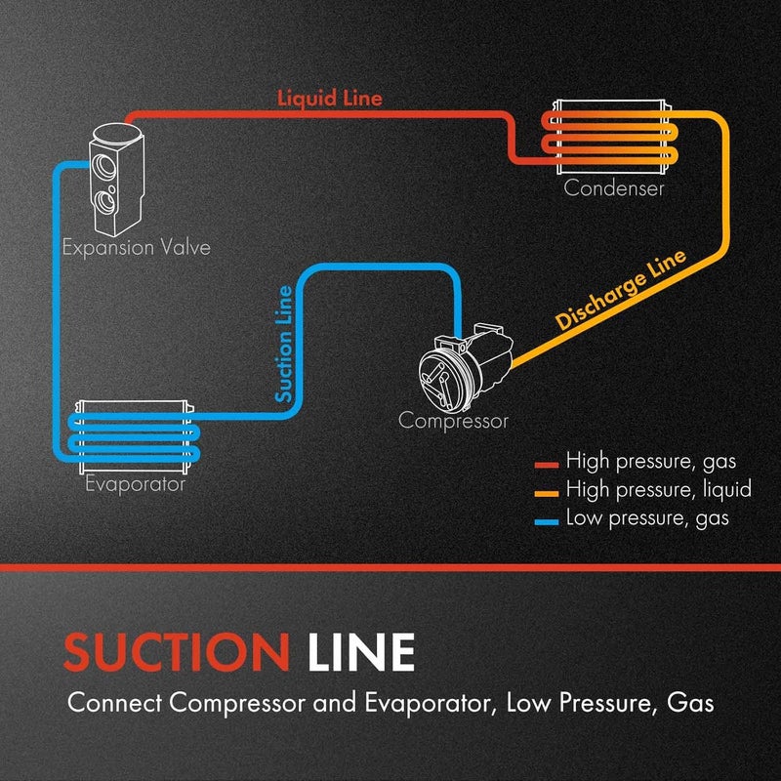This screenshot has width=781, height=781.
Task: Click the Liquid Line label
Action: click(x=329, y=99)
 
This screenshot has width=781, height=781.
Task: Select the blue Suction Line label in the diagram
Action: click(x=283, y=345)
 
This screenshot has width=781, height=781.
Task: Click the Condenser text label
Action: click(x=614, y=188)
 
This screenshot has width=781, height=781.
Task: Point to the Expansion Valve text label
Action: click(x=136, y=247)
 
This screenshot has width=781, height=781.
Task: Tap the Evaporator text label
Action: click(x=135, y=483)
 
